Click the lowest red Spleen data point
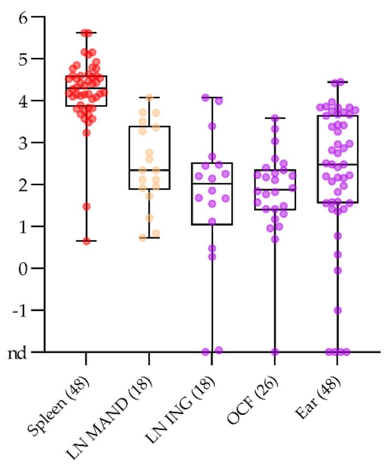pyautogui.click(x=86, y=241)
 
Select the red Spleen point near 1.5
pyautogui.click(x=86, y=206)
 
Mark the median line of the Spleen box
pyautogui.click(x=86, y=88)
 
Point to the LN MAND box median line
pyautogui.click(x=149, y=170)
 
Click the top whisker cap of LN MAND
pyautogui.click(x=149, y=98)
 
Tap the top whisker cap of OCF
pyautogui.click(x=275, y=118)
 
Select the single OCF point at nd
pyautogui.click(x=275, y=352)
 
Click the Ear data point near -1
pyautogui.click(x=337, y=310)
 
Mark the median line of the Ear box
pyautogui.click(x=337, y=165)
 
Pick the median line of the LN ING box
pyautogui.click(x=212, y=184)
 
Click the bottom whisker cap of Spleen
pyautogui.click(x=86, y=241)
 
